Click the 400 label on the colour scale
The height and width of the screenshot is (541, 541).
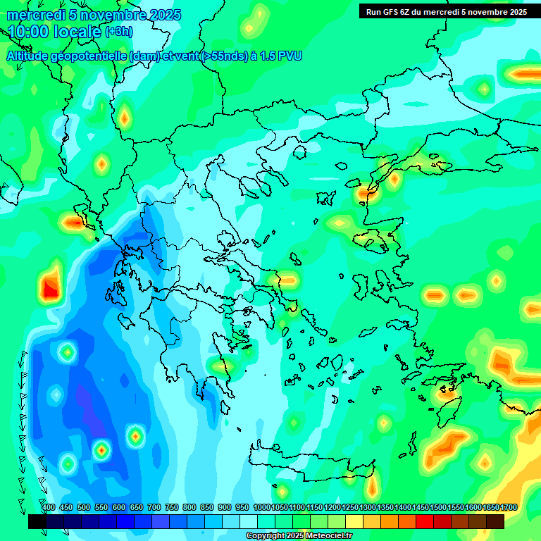click(49, 508)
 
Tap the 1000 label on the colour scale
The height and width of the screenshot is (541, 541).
click(262, 508)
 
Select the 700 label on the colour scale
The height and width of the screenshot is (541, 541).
click(154, 508)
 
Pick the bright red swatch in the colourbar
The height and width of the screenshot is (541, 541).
click(425, 522)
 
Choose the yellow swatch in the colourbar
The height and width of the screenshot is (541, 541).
click(354, 522)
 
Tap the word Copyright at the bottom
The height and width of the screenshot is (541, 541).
click(266, 536)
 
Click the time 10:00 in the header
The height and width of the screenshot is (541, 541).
click(29, 32)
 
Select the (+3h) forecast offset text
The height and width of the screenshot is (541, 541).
click(118, 32)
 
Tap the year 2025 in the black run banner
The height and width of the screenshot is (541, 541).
click(514, 12)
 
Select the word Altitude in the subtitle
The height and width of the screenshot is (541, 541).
click(27, 56)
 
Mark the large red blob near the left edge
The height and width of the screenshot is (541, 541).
click(50, 287)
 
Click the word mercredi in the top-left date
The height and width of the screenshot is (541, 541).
click(32, 15)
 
